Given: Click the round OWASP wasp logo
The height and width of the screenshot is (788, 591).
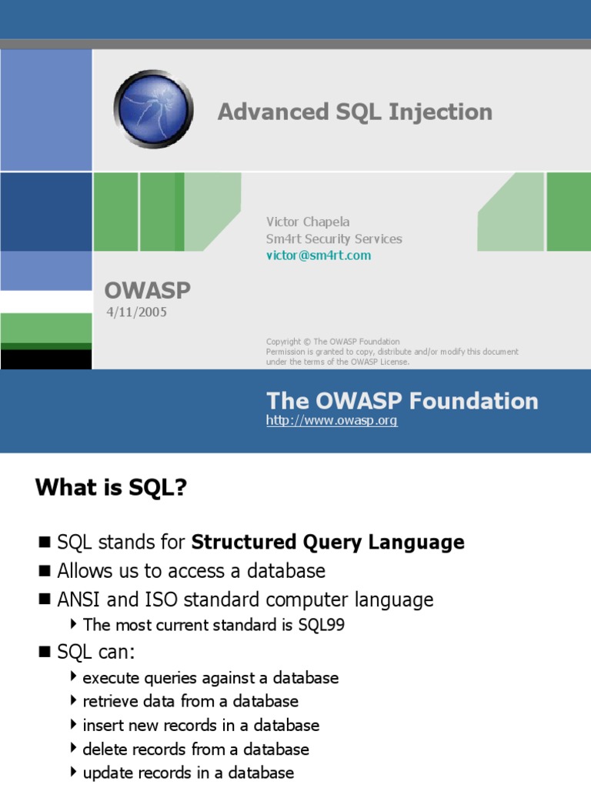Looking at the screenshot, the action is [x=153, y=109].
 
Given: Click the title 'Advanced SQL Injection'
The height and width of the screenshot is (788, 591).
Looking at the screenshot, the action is [x=355, y=112].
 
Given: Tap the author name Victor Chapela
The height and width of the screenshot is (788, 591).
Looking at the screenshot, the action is [x=308, y=222].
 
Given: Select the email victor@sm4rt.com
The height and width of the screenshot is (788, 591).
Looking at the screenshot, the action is [x=319, y=255].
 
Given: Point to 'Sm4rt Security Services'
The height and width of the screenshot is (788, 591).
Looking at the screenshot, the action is [x=334, y=239].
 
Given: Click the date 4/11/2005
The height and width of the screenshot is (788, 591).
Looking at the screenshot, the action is [x=136, y=312].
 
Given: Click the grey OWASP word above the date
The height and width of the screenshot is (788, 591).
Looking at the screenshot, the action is [x=147, y=290].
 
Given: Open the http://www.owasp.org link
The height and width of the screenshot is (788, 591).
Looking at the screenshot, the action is [x=332, y=420].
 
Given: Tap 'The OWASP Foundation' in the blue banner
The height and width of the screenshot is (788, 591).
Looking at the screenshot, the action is [x=402, y=400].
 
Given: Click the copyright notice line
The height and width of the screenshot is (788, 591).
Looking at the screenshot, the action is [x=332, y=342].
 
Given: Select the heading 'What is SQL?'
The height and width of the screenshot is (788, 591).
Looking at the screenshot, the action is [x=111, y=487].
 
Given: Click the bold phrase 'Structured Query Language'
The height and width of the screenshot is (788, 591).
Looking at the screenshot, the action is [x=328, y=543].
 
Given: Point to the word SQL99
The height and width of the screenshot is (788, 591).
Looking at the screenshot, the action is [x=321, y=625].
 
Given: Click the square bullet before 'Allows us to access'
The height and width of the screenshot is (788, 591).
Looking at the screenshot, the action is [x=45, y=571].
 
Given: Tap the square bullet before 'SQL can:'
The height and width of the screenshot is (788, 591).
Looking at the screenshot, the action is [x=45, y=652].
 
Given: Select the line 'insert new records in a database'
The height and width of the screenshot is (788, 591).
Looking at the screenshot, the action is [x=201, y=725].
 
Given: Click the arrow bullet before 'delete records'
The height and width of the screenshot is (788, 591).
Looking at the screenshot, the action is [x=74, y=748].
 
